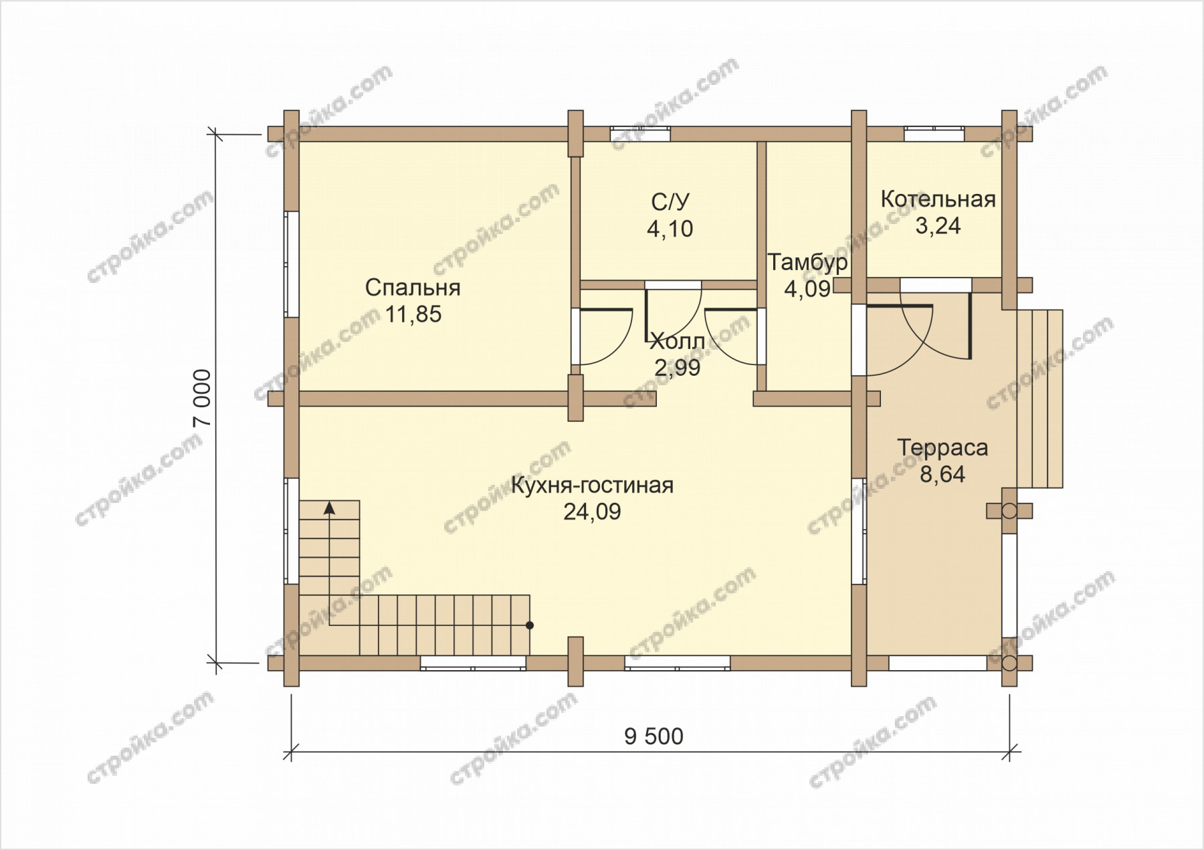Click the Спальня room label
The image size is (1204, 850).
(x=413, y=288)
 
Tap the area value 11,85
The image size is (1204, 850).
(x=413, y=314)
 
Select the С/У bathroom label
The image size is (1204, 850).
(x=670, y=202)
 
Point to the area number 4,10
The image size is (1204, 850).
(x=670, y=229)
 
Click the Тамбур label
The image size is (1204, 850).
(x=807, y=262)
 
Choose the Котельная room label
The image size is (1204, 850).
(x=938, y=199)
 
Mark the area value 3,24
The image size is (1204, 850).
(x=938, y=226)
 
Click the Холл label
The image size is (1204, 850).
(x=678, y=342)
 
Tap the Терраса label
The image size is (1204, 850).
(x=942, y=447)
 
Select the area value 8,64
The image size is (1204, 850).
(x=942, y=474)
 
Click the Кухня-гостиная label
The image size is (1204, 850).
(x=592, y=486)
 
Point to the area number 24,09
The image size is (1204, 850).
(x=592, y=512)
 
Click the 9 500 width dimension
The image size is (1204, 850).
(x=654, y=736)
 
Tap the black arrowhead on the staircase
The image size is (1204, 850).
(x=329, y=508)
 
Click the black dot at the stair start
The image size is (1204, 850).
(x=530, y=625)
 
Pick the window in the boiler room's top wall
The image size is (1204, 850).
(x=934, y=134)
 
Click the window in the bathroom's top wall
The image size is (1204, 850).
(x=640, y=134)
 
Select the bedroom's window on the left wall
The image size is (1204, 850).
(x=291, y=264)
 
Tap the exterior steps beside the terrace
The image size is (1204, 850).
(x=1040, y=399)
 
